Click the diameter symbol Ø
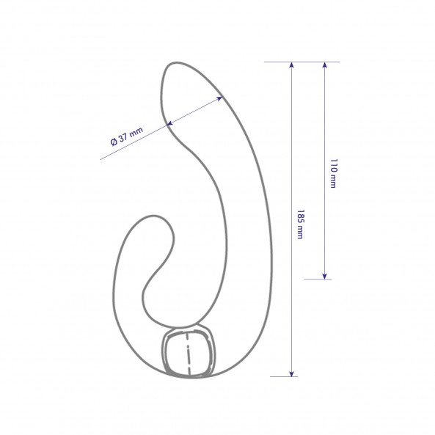(x=114, y=142)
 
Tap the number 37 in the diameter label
(x=123, y=137)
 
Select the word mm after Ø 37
(x=136, y=131)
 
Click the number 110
(x=333, y=165)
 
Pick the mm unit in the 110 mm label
(x=333, y=181)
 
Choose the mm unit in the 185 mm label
(x=299, y=232)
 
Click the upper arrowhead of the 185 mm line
(x=291, y=65)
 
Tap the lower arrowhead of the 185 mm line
(x=291, y=373)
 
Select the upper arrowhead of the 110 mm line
(x=324, y=65)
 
